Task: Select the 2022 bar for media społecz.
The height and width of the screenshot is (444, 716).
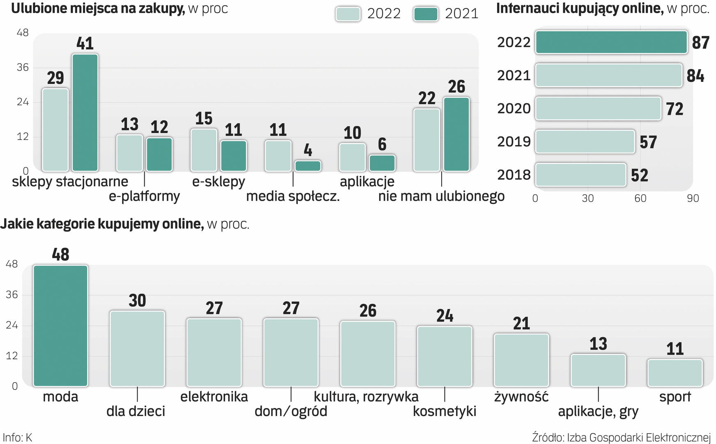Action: (278, 156)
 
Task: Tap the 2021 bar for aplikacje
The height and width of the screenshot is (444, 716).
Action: (382, 163)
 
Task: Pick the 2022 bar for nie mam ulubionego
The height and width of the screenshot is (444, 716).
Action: (427, 140)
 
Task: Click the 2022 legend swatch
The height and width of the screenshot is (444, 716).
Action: (348, 14)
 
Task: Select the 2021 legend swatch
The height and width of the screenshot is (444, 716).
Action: (426, 14)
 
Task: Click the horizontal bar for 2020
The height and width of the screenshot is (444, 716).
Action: (598, 109)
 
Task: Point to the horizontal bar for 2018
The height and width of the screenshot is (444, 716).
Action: (580, 175)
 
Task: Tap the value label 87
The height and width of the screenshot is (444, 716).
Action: (700, 42)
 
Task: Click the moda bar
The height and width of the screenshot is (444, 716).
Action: (60, 326)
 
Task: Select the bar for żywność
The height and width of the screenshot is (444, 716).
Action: (521, 360)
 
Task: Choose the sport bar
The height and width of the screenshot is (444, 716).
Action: (675, 373)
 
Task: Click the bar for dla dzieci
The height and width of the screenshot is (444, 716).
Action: (137, 348)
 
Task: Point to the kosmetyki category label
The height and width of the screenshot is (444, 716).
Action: (444, 411)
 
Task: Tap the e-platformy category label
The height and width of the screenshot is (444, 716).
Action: (144, 196)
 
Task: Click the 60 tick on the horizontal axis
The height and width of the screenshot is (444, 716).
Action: (640, 198)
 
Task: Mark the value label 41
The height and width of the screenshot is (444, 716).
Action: (85, 43)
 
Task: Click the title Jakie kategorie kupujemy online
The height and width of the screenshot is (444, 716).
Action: (102, 224)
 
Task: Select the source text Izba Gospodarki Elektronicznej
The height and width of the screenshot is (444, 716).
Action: (638, 437)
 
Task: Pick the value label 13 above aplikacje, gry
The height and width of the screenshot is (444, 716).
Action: (598, 344)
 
